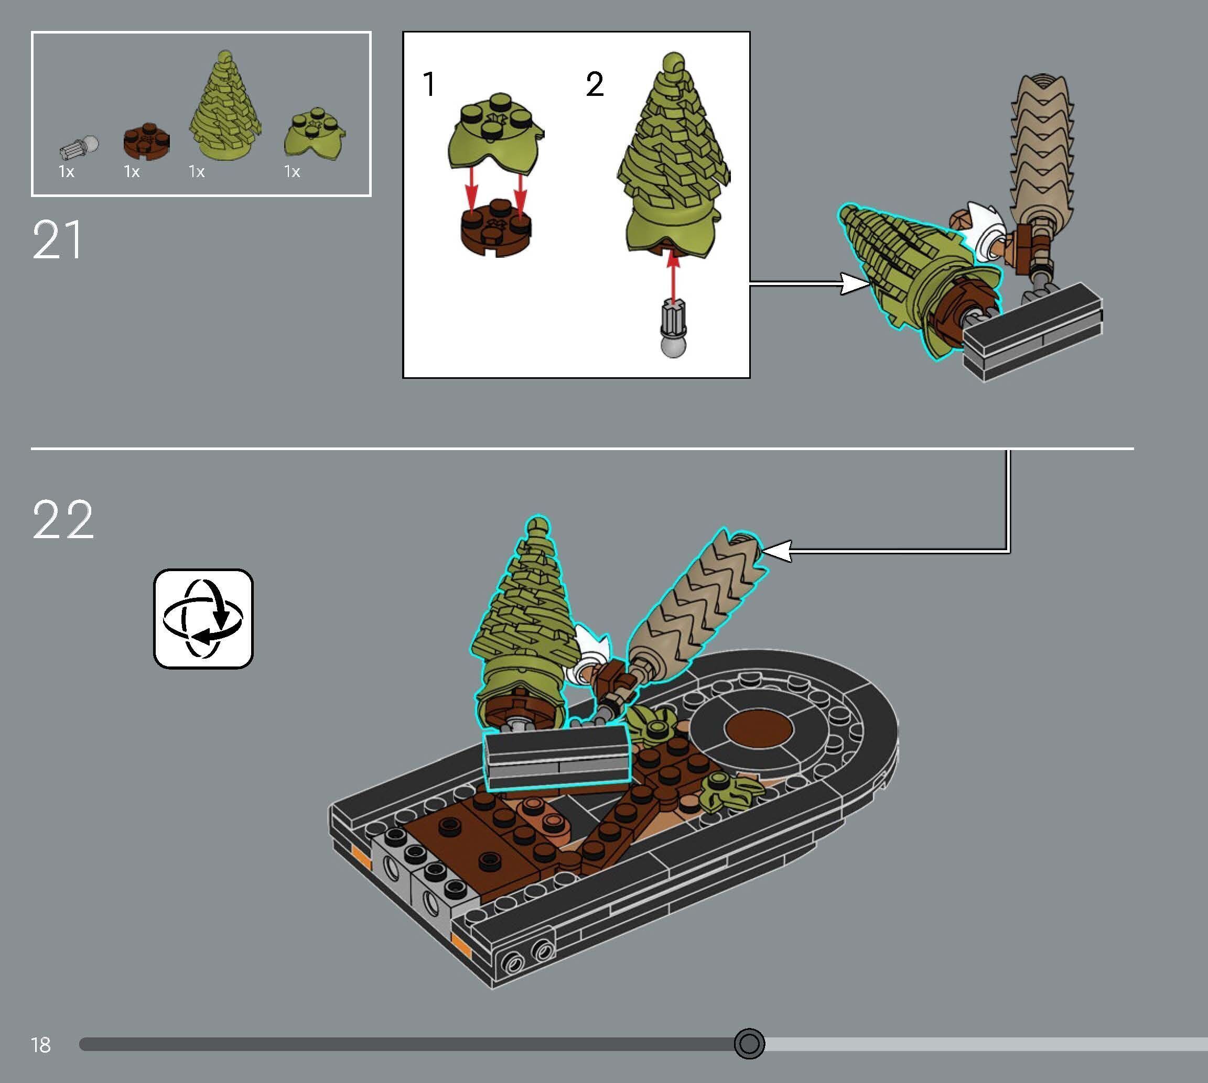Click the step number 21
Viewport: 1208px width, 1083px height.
(57, 240)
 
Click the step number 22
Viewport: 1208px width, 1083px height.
(63, 519)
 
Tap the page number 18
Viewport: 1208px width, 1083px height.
(41, 1045)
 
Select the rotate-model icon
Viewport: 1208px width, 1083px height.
(203, 618)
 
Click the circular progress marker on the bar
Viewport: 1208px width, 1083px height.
(749, 1044)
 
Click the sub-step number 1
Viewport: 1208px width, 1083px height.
(429, 84)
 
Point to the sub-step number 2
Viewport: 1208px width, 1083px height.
(594, 84)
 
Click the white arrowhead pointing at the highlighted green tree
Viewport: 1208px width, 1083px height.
(854, 284)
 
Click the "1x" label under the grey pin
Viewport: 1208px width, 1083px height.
(66, 172)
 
